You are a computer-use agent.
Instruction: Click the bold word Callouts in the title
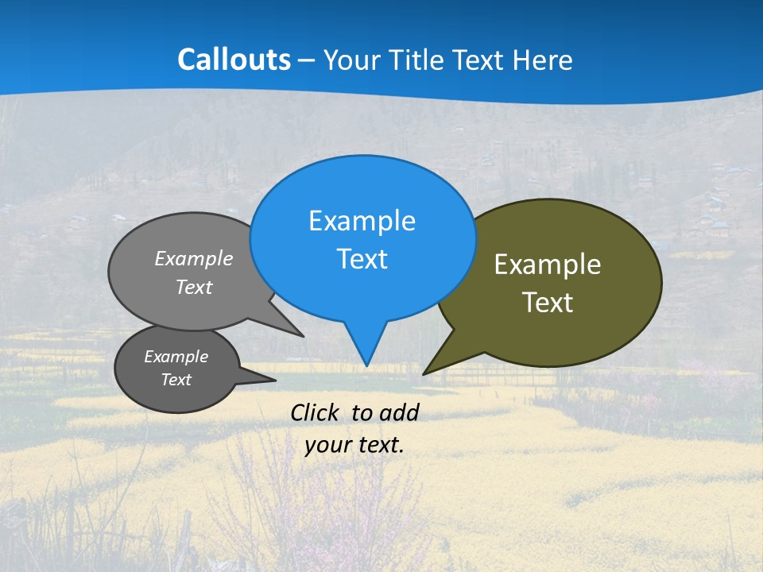coord(234,60)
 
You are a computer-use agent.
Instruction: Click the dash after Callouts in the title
coord(307,61)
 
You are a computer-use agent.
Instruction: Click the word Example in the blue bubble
coord(362,221)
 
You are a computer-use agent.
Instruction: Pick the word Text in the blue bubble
coord(362,259)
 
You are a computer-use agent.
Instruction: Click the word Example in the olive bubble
coord(548,265)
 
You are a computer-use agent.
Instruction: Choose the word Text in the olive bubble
coord(548,303)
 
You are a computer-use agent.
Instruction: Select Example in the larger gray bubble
coord(194,259)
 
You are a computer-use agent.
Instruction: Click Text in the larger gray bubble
coord(194,288)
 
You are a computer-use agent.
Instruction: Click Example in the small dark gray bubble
coord(176,357)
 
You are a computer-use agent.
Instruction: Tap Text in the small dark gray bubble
coord(176,380)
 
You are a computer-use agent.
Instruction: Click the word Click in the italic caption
coord(316,412)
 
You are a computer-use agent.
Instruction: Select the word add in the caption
coord(398,412)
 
